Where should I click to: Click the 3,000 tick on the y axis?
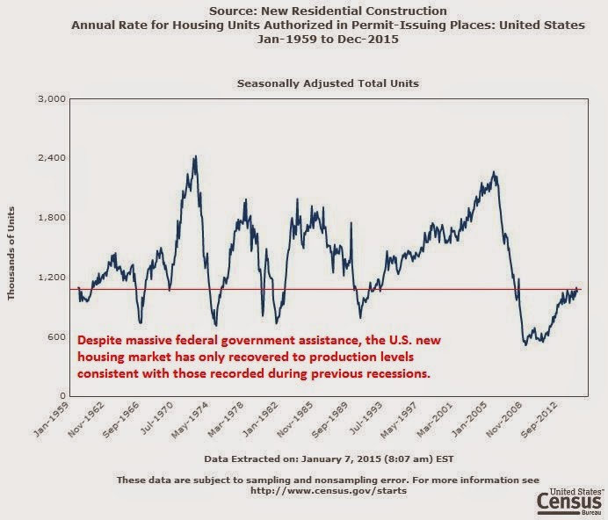click(x=53, y=98)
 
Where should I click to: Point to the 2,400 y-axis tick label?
click(x=53, y=158)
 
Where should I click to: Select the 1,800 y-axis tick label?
click(x=53, y=218)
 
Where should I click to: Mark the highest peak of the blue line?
click(x=194, y=157)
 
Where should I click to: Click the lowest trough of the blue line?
click(x=525, y=344)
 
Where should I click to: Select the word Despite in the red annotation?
click(x=102, y=339)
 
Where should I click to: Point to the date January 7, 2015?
click(x=358, y=458)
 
